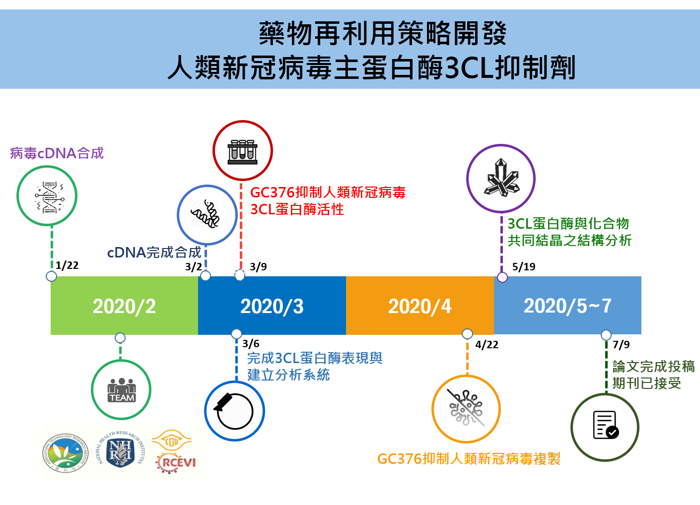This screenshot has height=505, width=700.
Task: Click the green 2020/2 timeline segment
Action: click(124, 306)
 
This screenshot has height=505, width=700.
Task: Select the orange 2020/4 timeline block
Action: click(420, 306)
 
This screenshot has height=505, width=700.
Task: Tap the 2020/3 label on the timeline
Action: click(272, 306)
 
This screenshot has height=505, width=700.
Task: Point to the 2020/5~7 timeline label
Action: click(567, 306)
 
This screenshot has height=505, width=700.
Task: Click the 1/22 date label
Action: click(67, 265)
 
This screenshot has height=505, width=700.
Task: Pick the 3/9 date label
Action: click(258, 267)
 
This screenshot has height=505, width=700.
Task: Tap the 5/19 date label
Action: click(524, 267)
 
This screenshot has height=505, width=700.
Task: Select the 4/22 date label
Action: click(487, 345)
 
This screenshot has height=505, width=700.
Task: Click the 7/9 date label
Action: click(621, 345)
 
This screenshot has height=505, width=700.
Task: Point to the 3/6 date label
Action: click(251, 344)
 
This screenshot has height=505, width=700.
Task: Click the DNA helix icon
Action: click(47, 196)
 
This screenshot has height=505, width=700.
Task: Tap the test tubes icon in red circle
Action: click(243, 151)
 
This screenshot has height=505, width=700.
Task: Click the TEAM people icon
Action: click(122, 390)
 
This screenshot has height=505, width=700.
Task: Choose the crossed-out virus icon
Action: click(466, 409)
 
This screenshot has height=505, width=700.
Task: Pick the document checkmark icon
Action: click(605, 426)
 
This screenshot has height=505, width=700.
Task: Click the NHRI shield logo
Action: click(121, 451)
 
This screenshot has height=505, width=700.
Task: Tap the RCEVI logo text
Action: click(176, 462)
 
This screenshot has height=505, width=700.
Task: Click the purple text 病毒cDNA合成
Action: click(57, 153)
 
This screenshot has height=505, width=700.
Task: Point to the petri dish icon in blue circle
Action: click(234, 411)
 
